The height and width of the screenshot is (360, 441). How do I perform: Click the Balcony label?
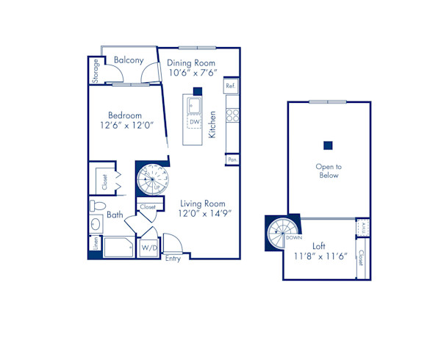tap(129, 60)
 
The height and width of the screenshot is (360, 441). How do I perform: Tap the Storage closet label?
tap(96, 71)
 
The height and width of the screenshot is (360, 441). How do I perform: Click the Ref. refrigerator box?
tap(231, 86)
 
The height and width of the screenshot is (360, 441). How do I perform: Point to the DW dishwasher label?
tap(194, 122)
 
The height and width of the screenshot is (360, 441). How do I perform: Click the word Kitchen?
tap(212, 125)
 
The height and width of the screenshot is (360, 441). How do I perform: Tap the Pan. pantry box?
tap(232, 159)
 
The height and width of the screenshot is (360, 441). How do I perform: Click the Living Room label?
tap(201, 204)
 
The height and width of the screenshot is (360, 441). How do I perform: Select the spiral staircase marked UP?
tap(152, 179)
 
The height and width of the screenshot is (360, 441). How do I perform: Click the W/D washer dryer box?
tap(149, 248)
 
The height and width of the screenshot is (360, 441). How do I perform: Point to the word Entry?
tap(173, 259)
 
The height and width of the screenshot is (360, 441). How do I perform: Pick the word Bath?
tap(115, 215)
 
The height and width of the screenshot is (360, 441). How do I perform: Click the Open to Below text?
tap(328, 171)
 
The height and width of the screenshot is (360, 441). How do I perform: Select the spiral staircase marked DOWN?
tap(282, 234)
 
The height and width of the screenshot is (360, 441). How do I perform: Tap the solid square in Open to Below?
tap(329, 144)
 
